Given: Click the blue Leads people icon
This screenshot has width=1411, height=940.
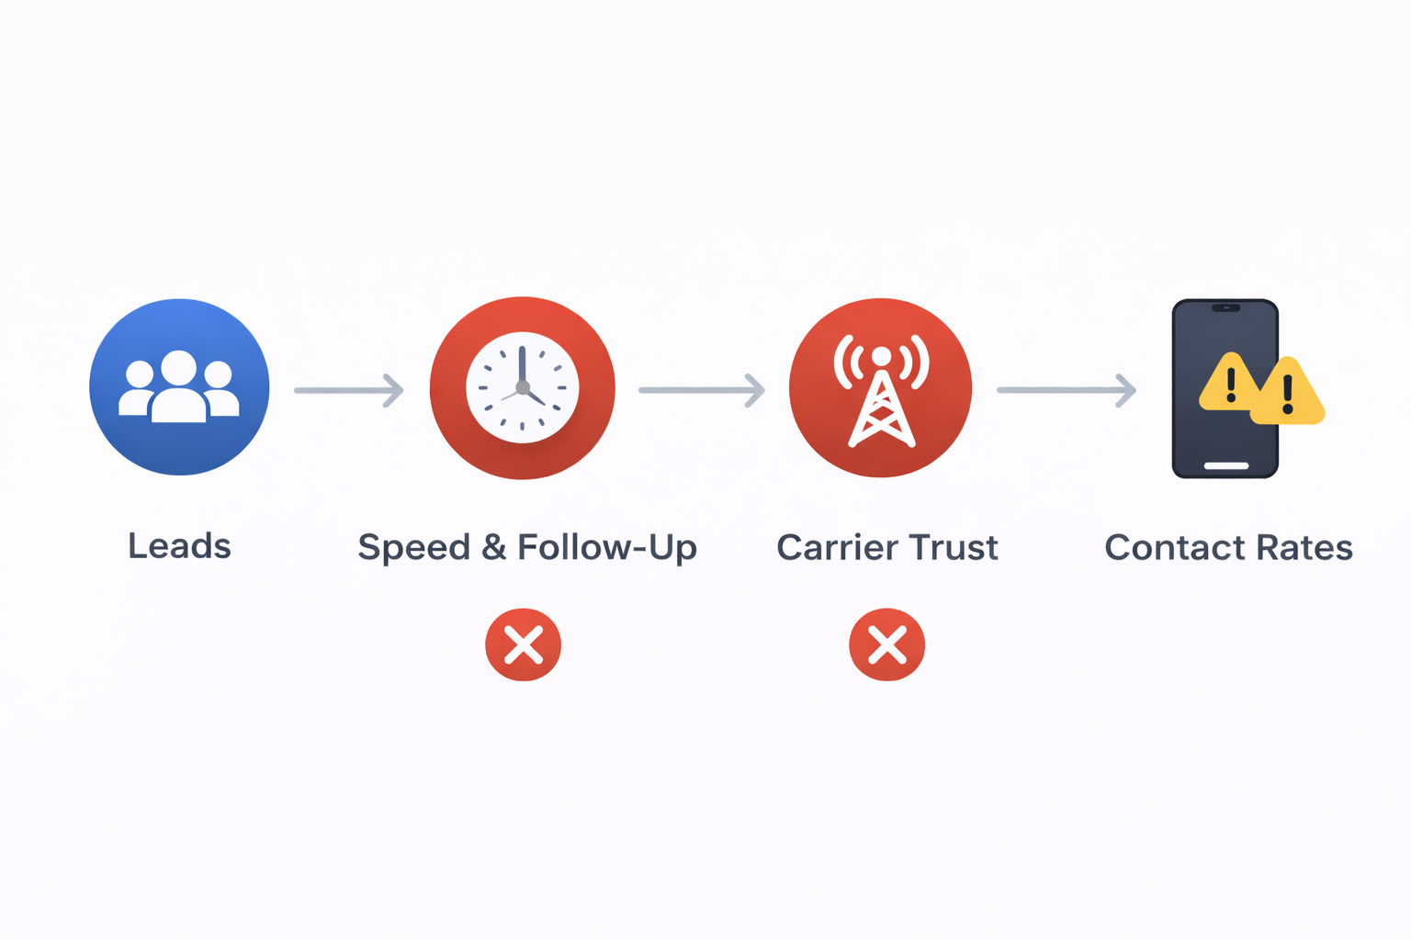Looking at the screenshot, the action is pyautogui.click(x=179, y=387).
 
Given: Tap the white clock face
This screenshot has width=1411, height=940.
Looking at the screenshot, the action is pyautogui.click(x=522, y=387).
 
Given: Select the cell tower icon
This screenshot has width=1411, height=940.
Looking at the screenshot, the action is pyautogui.click(x=881, y=387).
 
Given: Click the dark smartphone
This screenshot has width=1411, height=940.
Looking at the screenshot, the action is pyautogui.click(x=1225, y=388).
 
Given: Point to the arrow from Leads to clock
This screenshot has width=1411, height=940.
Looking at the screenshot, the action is pyautogui.click(x=349, y=390).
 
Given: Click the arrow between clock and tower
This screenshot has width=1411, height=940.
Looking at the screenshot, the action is pyautogui.click(x=702, y=390).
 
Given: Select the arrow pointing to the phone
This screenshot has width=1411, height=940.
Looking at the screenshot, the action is pyautogui.click(x=1067, y=390).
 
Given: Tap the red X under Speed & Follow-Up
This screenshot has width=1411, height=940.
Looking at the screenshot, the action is pyautogui.click(x=523, y=644).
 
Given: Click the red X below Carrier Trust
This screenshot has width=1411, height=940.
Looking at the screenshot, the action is pyautogui.click(x=886, y=644).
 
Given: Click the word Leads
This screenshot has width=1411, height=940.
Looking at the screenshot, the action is pyautogui.click(x=179, y=545).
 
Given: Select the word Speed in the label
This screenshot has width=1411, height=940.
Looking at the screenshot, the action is pyautogui.click(x=414, y=548).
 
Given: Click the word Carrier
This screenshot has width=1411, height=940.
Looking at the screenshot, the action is pyautogui.click(x=830, y=546).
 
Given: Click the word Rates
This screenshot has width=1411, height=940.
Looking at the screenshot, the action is pyautogui.click(x=1305, y=546).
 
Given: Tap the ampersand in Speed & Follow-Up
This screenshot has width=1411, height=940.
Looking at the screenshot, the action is pyautogui.click(x=494, y=546).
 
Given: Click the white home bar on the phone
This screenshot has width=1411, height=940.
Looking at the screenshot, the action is pyautogui.click(x=1226, y=466).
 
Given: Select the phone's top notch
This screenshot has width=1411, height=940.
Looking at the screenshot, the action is pyautogui.click(x=1225, y=308).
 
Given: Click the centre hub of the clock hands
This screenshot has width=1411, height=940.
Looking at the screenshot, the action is pyautogui.click(x=522, y=387).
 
